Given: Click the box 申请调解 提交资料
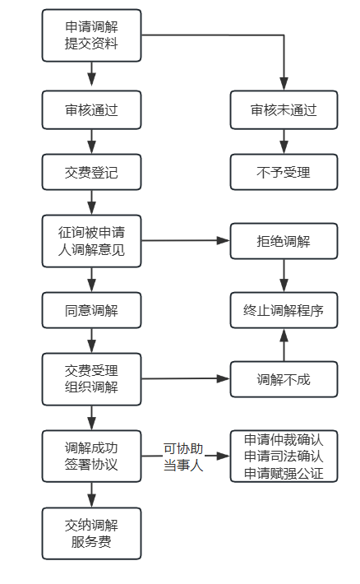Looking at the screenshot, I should click(x=91, y=35).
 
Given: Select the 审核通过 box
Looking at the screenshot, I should click(x=91, y=109).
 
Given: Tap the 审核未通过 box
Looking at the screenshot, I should click(x=284, y=109).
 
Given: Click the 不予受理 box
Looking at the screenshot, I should click(x=284, y=173).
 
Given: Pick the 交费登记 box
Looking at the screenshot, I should click(x=91, y=173).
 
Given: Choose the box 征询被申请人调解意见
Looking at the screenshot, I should click(x=91, y=241).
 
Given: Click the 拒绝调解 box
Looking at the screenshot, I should click(x=284, y=241).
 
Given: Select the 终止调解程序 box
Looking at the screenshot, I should click(x=284, y=311).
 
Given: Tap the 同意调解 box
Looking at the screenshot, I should click(x=91, y=311).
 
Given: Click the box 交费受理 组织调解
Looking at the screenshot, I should click(x=91, y=378).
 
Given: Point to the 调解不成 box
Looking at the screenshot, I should click(x=284, y=379).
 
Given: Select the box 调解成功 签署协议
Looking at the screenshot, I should click(x=91, y=456).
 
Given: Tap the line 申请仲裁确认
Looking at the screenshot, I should click(x=284, y=439).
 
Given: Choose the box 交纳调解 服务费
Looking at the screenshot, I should click(x=91, y=533).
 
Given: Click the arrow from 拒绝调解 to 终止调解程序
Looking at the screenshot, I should click(x=284, y=276).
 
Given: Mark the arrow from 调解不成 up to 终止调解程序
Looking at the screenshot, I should click(x=284, y=345).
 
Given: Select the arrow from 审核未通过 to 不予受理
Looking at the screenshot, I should click(x=284, y=141).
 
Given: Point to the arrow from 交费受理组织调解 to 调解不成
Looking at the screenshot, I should click(x=185, y=379).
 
